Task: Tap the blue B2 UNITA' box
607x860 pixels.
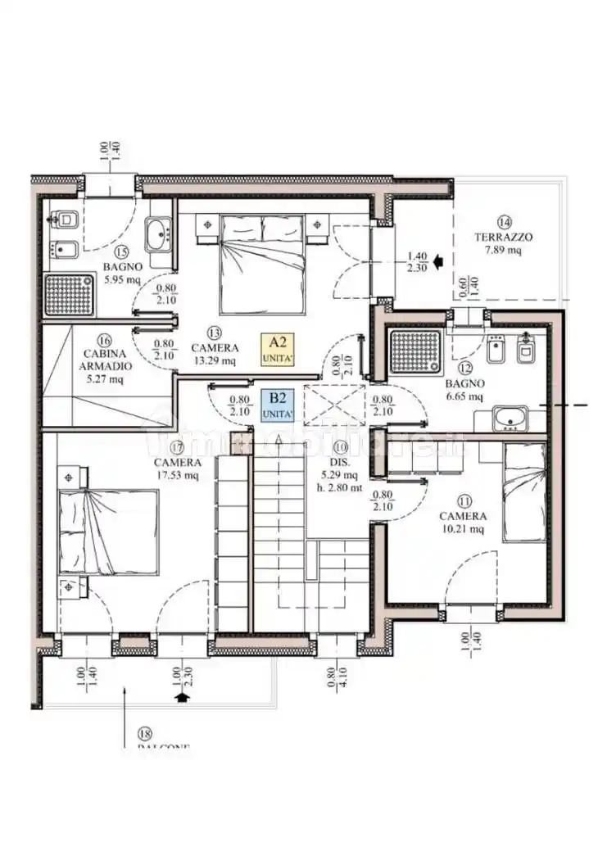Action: pyautogui.click(x=278, y=405)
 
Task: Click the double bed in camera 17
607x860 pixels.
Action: pyautogui.click(x=107, y=532)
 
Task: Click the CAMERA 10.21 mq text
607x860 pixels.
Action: pyautogui.click(x=463, y=523)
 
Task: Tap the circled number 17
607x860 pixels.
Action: pyautogui.click(x=177, y=447)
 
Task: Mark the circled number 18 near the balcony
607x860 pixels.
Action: pyautogui.click(x=146, y=734)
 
